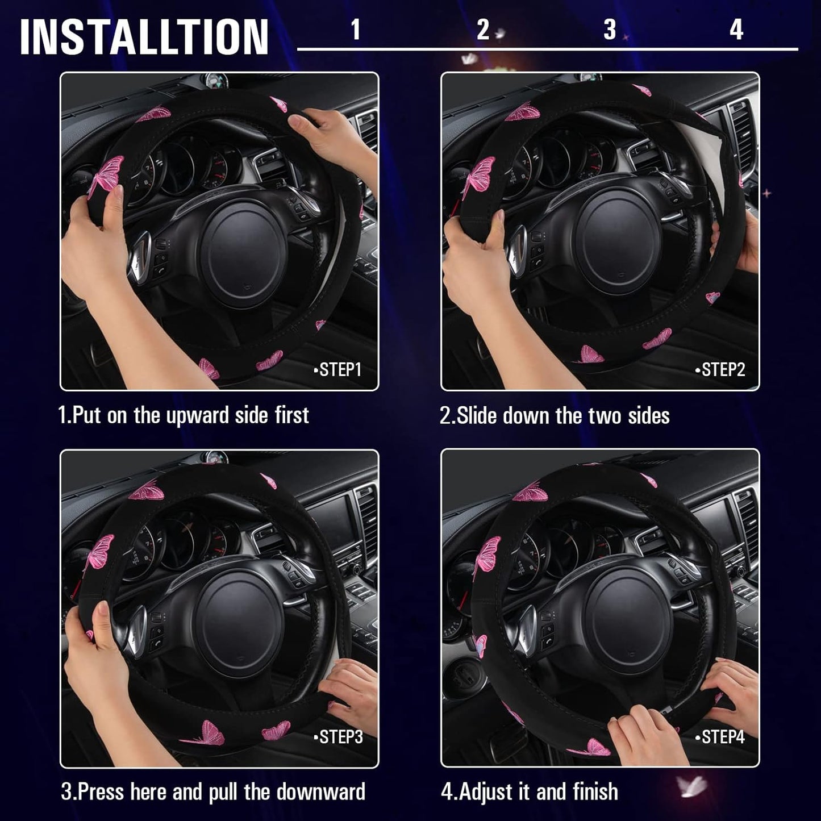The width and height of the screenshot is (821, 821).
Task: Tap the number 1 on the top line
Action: [356, 30]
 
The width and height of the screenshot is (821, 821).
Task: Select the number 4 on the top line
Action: [736, 30]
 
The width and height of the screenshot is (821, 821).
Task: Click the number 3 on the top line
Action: [610, 30]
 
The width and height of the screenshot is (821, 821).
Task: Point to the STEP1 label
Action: [338, 370]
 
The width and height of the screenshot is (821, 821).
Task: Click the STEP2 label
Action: [720, 370]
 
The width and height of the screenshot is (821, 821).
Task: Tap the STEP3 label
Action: [339, 737]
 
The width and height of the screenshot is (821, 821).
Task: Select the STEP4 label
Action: [720, 737]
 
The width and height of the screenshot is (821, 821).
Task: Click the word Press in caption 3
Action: [99, 791]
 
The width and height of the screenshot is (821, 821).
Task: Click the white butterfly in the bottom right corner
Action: [691, 787]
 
